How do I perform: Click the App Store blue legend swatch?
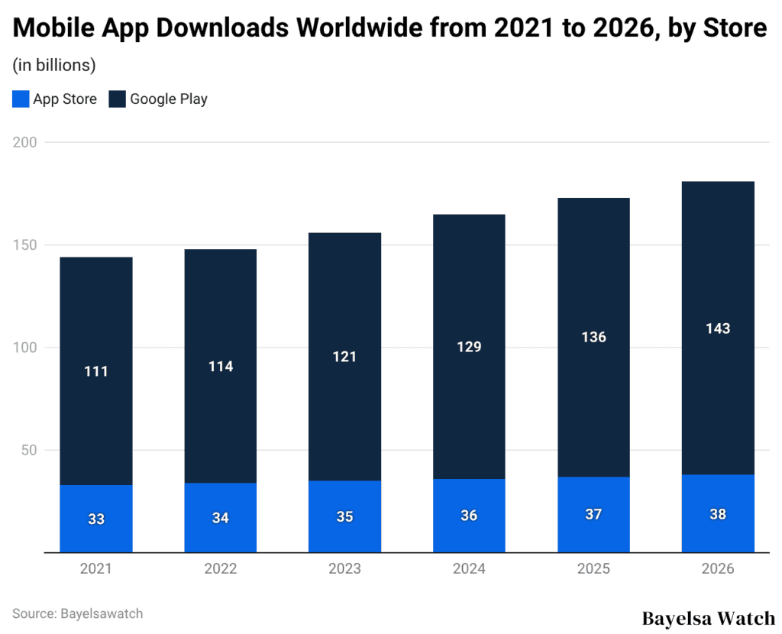point(21,99)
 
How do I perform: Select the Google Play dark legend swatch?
point(117,99)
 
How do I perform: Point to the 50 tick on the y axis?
point(28,449)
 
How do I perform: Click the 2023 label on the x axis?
point(344,569)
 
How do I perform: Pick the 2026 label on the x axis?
point(718,569)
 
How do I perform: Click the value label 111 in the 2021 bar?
point(96,372)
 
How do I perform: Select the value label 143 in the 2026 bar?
point(718,329)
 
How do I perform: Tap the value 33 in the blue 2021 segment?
point(96,519)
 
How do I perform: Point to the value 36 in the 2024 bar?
point(469,516)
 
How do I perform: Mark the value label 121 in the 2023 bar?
point(344,357)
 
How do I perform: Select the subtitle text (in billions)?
point(53,66)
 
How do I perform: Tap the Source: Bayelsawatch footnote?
point(77,613)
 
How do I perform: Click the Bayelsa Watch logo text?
point(708,617)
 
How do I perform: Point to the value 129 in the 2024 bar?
point(469,347)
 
